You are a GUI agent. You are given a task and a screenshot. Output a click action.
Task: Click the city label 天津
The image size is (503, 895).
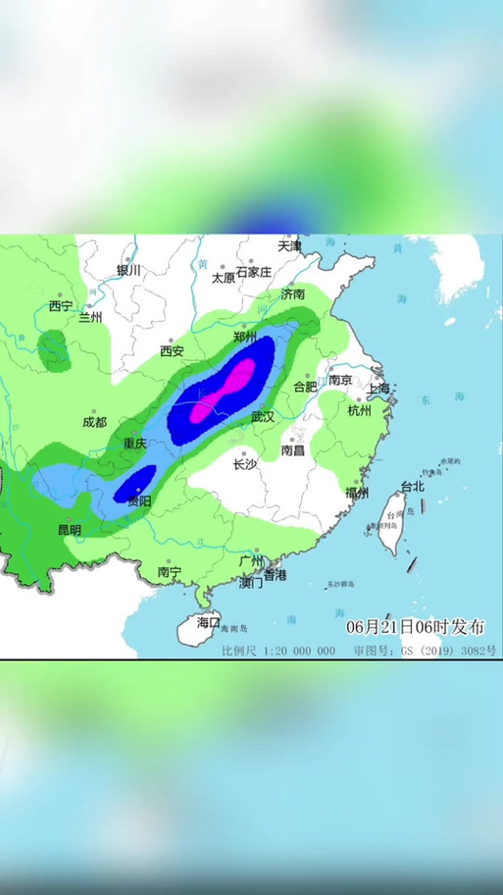pyautogui.click(x=289, y=244)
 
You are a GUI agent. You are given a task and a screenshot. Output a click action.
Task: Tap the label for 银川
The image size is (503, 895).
pyautogui.click(x=129, y=270)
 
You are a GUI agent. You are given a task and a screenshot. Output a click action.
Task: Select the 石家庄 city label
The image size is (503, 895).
pyautogui.click(x=253, y=273)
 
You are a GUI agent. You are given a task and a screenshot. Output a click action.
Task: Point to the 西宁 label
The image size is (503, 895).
pyautogui.click(x=61, y=305)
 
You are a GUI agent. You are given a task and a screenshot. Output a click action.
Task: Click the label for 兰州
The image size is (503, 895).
pyautogui.click(x=90, y=317)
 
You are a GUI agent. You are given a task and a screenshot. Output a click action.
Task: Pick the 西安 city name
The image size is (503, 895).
pyautogui.click(x=172, y=350)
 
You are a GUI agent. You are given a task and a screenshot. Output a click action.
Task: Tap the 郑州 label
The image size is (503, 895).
pyautogui.click(x=245, y=337)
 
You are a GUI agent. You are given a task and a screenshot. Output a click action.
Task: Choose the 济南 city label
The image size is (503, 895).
pyautogui.click(x=292, y=293)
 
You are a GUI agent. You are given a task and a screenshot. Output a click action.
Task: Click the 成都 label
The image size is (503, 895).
pyautogui.click(x=94, y=423)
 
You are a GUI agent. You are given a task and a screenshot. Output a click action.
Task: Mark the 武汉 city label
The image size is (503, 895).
pyautogui.click(x=262, y=417)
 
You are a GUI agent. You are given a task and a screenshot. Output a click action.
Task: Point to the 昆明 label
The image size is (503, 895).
pyautogui.click(x=70, y=529)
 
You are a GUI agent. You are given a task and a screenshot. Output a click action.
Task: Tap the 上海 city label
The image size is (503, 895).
pyautogui.click(x=377, y=388)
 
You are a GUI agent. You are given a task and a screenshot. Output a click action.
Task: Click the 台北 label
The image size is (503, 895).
pyautogui.click(x=413, y=486)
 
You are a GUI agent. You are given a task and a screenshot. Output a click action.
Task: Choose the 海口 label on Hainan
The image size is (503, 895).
pyautogui.click(x=208, y=621)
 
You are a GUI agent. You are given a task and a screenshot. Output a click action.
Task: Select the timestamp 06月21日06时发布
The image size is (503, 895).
pyautogui.click(x=410, y=626)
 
